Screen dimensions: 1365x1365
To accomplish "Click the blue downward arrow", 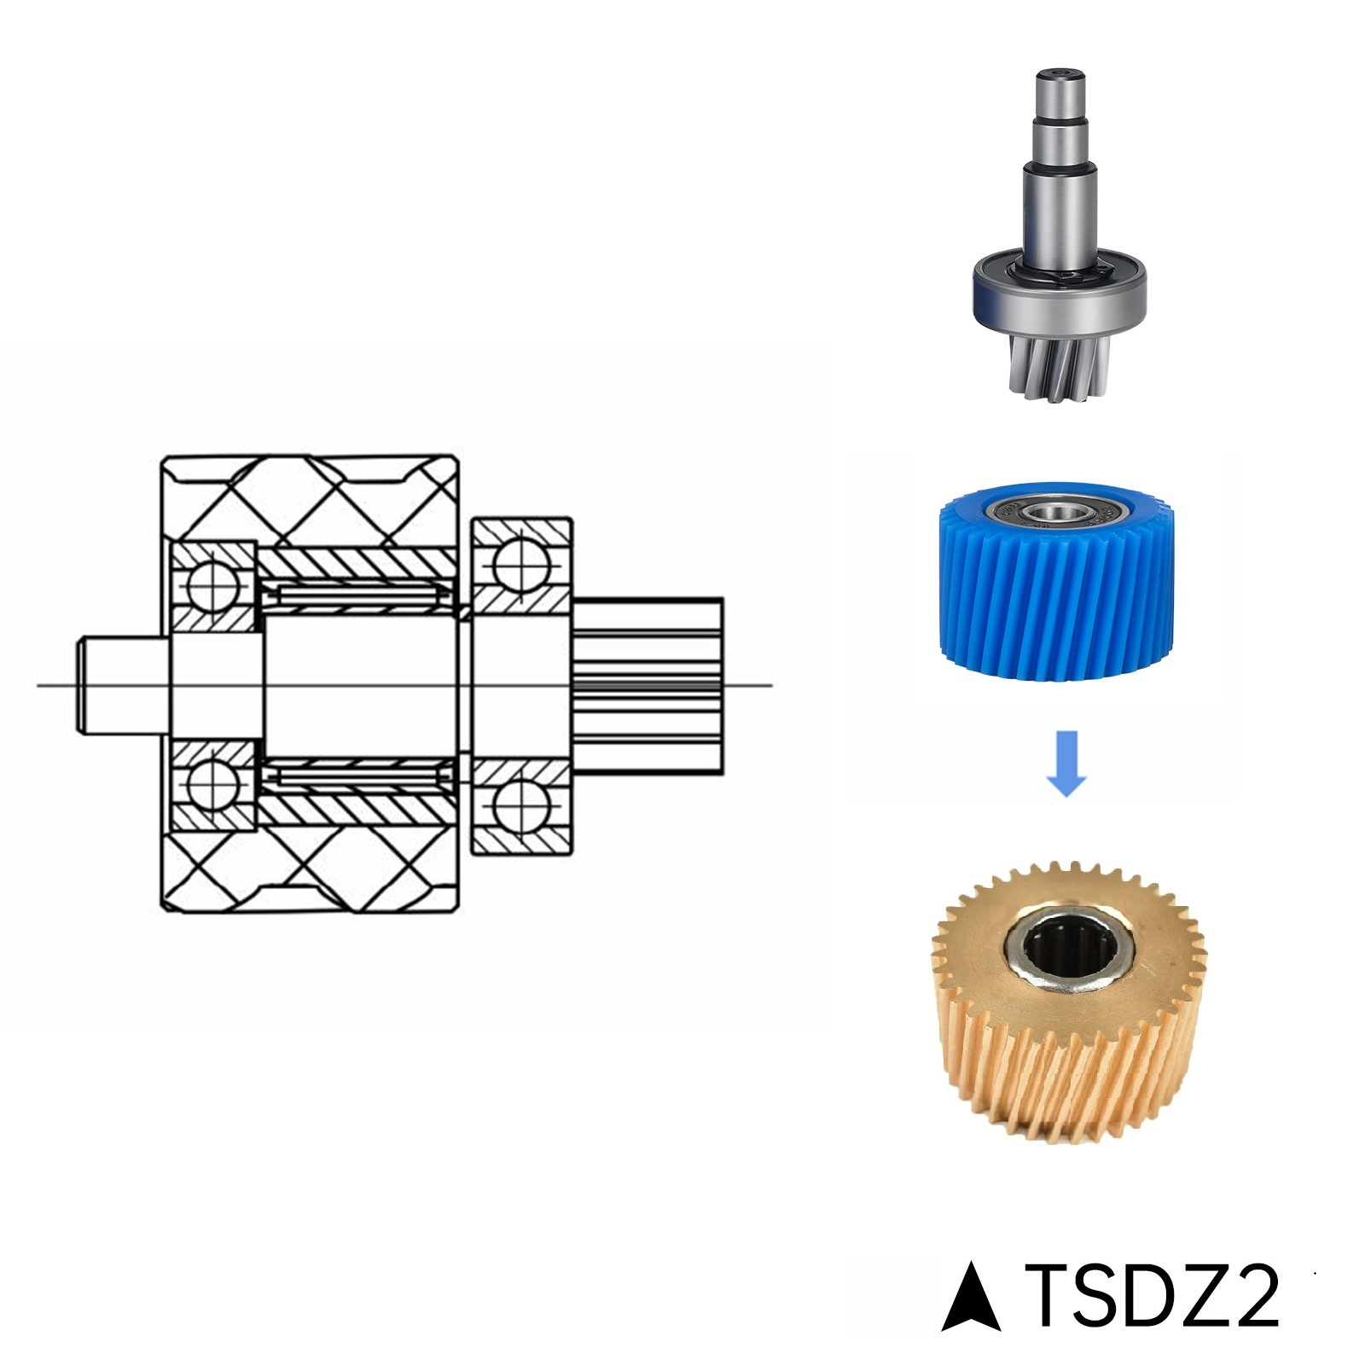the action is (1066, 763).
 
